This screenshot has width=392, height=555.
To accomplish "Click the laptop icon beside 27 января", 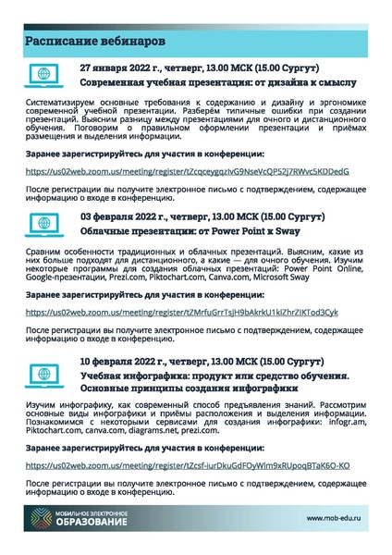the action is [x=44, y=74].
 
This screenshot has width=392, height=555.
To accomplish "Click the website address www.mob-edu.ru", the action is [x=337, y=519].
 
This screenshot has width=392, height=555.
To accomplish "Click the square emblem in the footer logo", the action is [x=40, y=519].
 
